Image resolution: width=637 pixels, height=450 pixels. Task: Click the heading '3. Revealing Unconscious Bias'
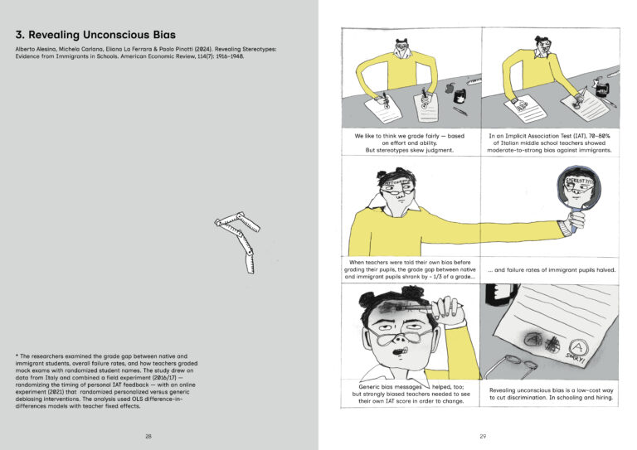(90, 36)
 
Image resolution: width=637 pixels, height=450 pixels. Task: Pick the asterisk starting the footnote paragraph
(17, 356)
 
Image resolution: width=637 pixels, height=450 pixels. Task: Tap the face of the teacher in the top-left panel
(404, 51)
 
